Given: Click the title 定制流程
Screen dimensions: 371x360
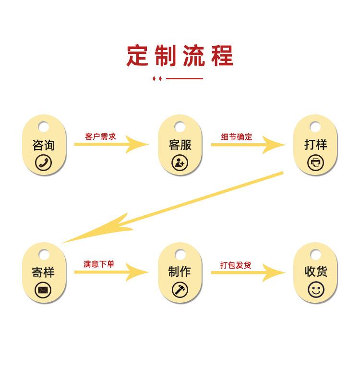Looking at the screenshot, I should coord(180,55).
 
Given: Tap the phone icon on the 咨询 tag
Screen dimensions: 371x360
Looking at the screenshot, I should coord(44,162).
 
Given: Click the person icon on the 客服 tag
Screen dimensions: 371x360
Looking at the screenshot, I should coord(180,162).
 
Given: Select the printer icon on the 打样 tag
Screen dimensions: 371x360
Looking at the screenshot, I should coord(315,162).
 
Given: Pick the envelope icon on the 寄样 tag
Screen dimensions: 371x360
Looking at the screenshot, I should coord(44,290).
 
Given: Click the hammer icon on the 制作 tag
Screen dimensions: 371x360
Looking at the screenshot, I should coord(180,290).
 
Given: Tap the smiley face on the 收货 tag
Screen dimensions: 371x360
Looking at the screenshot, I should coord(316,290).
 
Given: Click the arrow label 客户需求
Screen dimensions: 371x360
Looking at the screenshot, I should coord(100,136).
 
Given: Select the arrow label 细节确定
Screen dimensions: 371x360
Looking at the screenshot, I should coord(237,136).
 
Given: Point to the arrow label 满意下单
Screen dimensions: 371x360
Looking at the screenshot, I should coord(99,264).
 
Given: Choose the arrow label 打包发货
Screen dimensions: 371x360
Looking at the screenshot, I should coord(236,265).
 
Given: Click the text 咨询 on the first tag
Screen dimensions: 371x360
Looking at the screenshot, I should coord(44,145).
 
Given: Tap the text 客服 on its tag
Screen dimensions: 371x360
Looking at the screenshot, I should coord(180,145).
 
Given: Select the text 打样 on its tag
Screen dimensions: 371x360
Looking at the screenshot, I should coord(315,144).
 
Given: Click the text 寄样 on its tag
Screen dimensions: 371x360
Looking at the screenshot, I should coord(44,272).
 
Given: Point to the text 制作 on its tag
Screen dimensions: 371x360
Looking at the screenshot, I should coord(180,272).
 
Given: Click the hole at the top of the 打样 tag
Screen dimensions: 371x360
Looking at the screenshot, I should coord(315,127).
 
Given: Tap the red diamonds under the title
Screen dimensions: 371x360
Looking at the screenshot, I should coord(157,78).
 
